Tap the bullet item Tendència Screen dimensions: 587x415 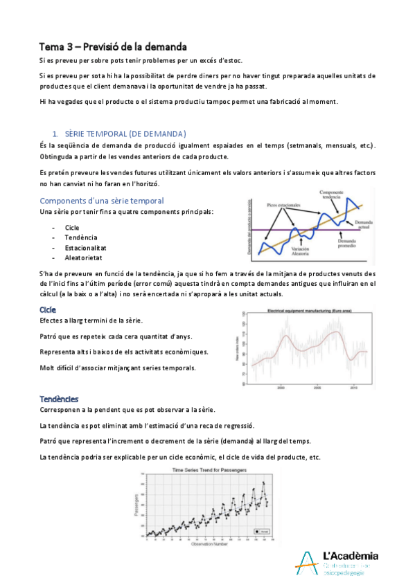tap(82, 237)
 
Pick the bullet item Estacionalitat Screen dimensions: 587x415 tap(85, 247)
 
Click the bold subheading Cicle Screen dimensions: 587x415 tap(48, 310)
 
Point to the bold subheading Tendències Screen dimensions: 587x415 tap(59, 399)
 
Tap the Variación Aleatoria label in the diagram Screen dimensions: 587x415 tap(300, 251)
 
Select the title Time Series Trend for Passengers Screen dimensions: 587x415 tap(206, 470)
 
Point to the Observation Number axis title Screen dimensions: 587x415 tap(206, 544)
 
